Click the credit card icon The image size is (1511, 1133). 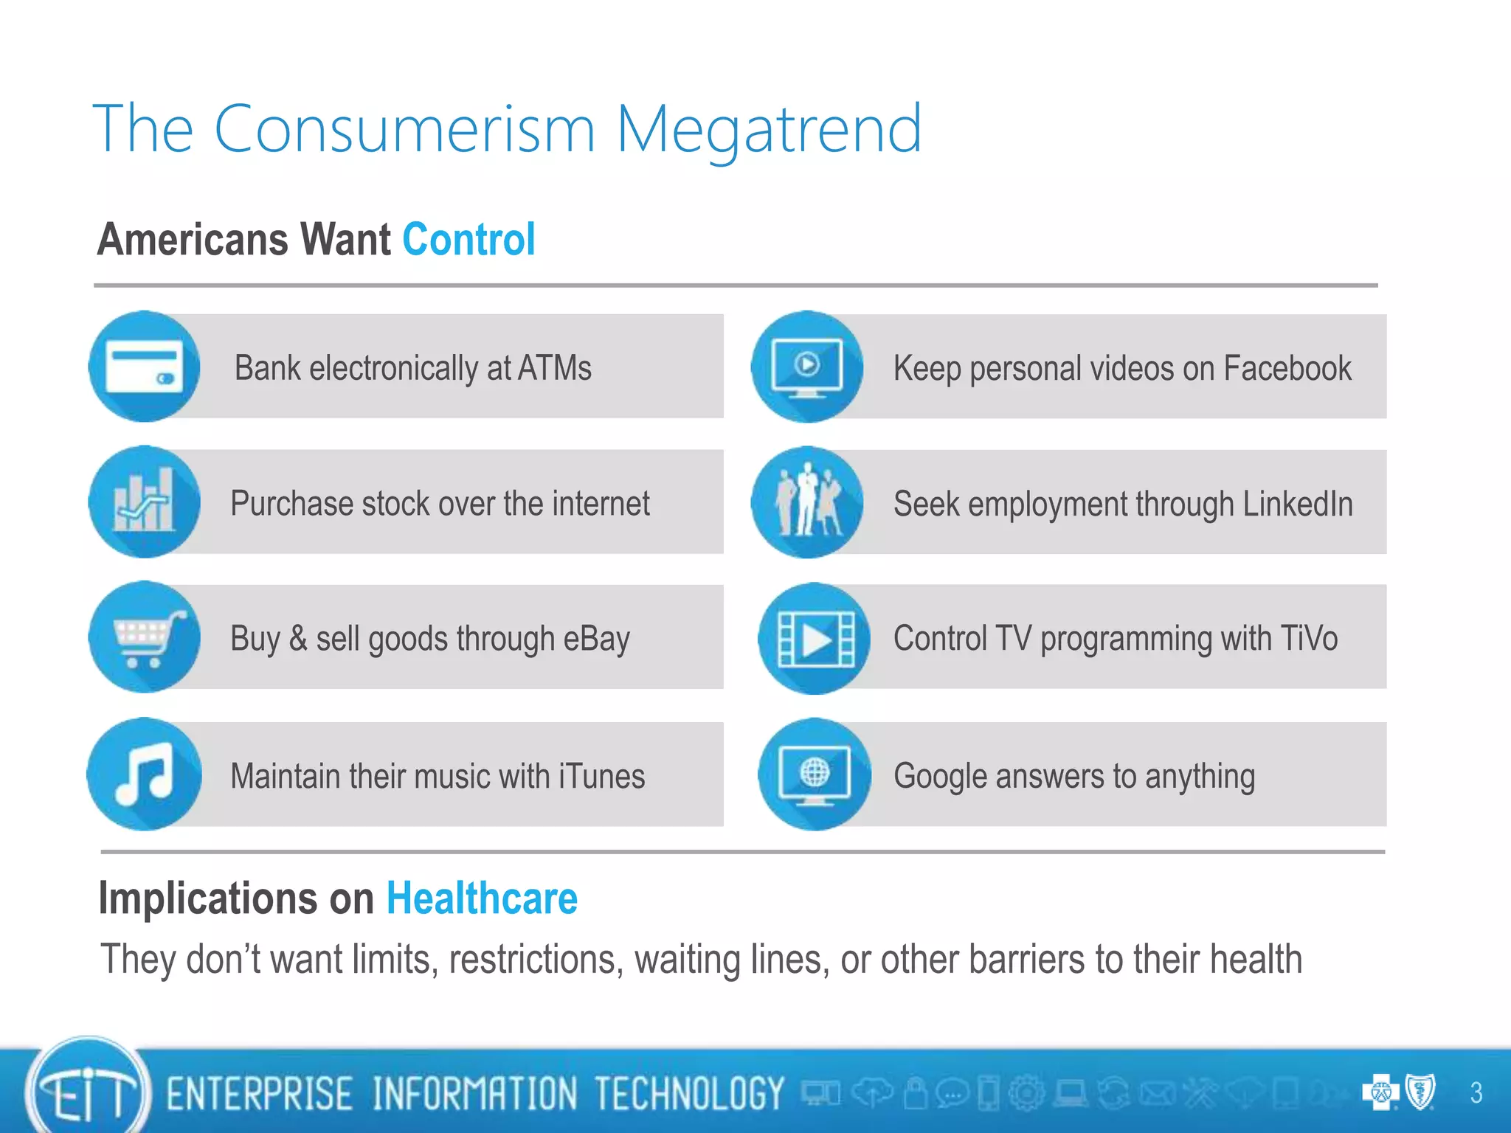(x=145, y=367)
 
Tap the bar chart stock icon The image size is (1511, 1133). (x=145, y=502)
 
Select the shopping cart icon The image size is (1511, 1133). (x=145, y=637)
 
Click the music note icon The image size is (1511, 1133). (x=145, y=774)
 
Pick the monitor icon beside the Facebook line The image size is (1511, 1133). (x=807, y=367)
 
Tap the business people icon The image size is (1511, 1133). (x=807, y=502)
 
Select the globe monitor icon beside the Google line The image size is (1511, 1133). (x=815, y=775)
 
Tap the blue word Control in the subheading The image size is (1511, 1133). (x=468, y=240)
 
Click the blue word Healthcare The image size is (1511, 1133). (x=482, y=898)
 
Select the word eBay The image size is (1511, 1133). (x=596, y=639)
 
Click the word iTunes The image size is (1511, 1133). (x=602, y=776)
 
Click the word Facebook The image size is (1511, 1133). (x=1287, y=368)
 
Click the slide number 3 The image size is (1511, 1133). (x=1476, y=1092)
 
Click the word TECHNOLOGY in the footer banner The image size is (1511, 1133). (x=689, y=1093)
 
